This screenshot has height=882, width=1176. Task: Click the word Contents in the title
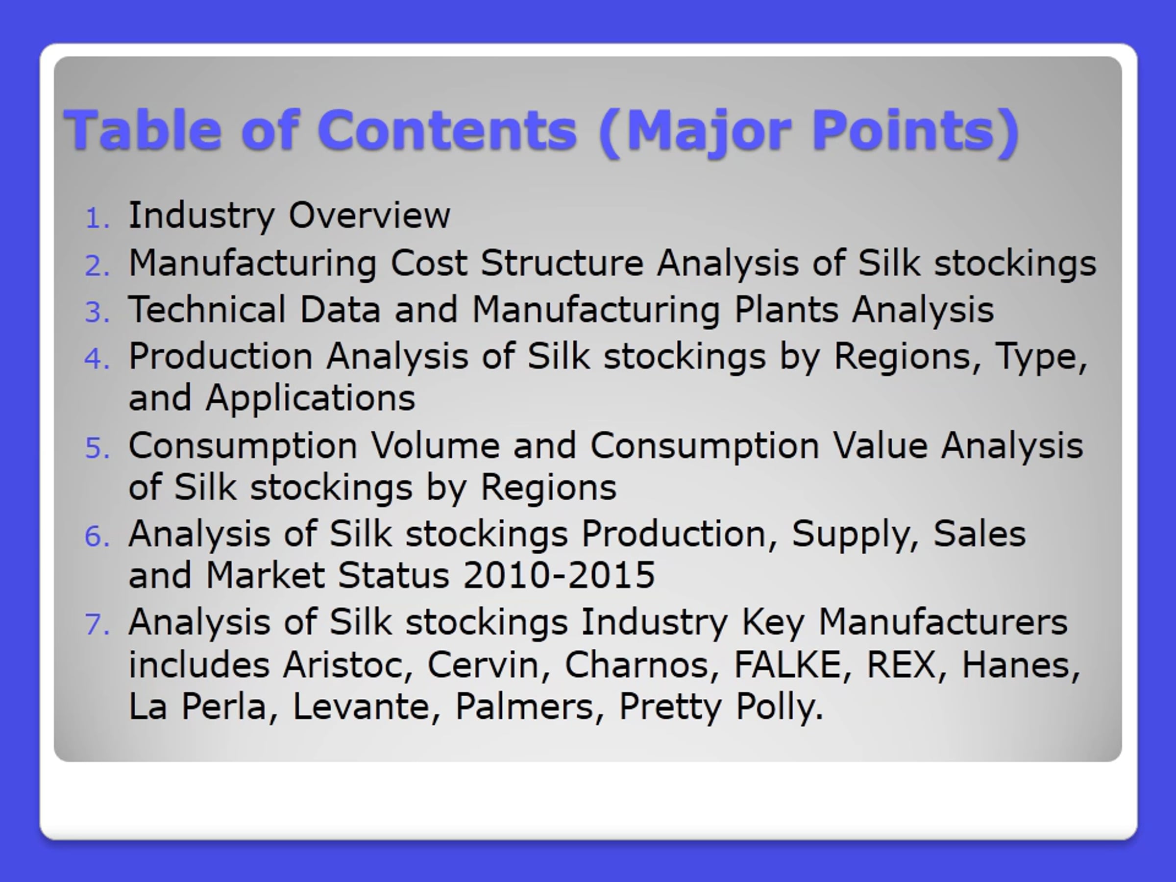(x=447, y=130)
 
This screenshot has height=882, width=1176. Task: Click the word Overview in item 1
(x=369, y=215)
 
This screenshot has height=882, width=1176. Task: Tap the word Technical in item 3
(x=207, y=309)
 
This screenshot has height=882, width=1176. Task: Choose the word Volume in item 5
(x=436, y=445)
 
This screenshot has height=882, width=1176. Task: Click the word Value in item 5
(x=881, y=445)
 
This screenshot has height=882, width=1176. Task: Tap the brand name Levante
(x=367, y=707)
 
